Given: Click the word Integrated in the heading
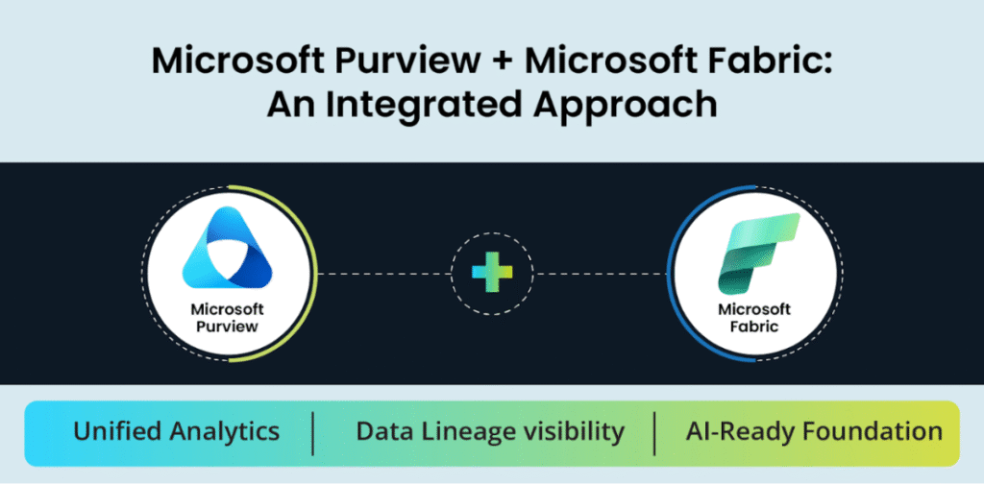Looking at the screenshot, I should coord(430,103).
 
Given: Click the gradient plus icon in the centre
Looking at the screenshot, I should coord(492,273).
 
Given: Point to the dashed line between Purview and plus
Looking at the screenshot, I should coord(385,273).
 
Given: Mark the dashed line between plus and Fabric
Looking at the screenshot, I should coord(600,273).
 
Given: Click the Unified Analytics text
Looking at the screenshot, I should coord(176,431).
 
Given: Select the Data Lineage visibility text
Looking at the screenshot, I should coord(490,431).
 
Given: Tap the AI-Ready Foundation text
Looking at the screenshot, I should coord(814,431).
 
